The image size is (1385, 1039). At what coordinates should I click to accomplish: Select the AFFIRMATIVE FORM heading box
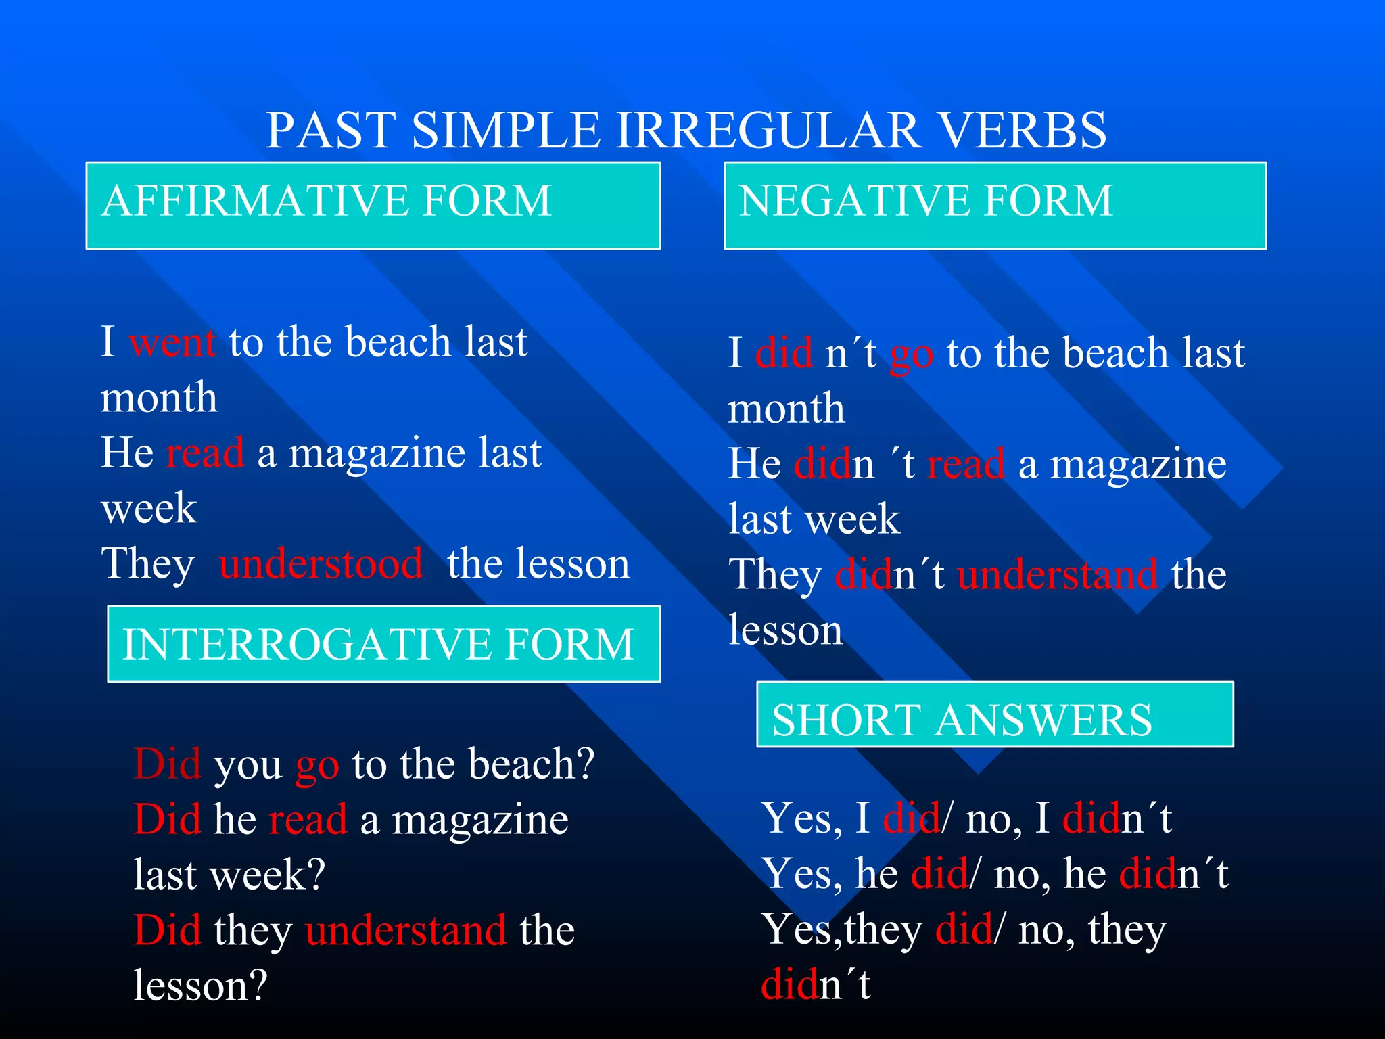[373, 205]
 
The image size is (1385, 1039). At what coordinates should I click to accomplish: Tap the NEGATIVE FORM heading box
[994, 205]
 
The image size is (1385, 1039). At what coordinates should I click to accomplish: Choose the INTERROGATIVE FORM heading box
[383, 643]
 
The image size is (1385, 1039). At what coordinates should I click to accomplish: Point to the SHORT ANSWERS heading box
[994, 714]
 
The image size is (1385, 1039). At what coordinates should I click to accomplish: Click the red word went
[172, 342]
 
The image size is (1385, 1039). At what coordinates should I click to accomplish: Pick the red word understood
[321, 563]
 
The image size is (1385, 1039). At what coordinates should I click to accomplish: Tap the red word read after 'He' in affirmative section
[205, 453]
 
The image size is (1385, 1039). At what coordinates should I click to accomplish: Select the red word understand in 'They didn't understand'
[1057, 575]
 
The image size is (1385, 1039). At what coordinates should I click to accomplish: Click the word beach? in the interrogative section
[532, 764]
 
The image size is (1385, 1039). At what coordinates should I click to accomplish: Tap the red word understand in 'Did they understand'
[406, 930]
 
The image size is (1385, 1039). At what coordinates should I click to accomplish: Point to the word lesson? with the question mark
[201, 986]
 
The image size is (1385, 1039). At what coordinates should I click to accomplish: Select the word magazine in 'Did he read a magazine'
[480, 820]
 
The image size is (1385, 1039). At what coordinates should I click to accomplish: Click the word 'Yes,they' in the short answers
[841, 930]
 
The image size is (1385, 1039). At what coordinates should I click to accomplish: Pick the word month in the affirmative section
[159, 397]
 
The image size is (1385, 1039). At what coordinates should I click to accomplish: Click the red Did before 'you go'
[167, 764]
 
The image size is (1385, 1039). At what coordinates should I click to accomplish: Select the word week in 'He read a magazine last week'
[149, 508]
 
